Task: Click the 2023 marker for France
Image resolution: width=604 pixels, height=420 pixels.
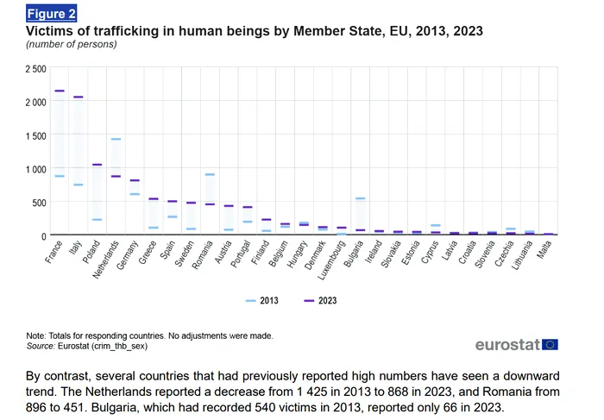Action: [60, 91]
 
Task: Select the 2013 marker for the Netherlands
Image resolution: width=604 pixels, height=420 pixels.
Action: [116, 139]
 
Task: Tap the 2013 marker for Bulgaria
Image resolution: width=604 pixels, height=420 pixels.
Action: [360, 199]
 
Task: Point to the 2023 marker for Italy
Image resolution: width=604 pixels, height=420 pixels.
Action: [79, 97]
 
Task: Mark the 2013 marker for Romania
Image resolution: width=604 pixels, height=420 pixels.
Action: [210, 174]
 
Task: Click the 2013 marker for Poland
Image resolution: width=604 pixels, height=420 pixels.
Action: [97, 220]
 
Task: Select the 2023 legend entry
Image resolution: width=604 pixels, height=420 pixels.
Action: [321, 300]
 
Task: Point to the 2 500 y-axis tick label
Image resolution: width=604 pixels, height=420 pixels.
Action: [36, 68]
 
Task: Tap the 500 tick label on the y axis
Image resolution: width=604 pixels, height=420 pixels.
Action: [41, 203]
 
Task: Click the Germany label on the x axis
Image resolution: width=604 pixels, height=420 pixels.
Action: [129, 254]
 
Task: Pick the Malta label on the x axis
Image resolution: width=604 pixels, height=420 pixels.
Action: [544, 249]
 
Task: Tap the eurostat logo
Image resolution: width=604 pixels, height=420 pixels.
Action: [507, 345]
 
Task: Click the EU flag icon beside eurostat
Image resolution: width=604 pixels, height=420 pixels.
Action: [551, 345]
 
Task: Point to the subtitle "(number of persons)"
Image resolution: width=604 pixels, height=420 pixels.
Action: [71, 44]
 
